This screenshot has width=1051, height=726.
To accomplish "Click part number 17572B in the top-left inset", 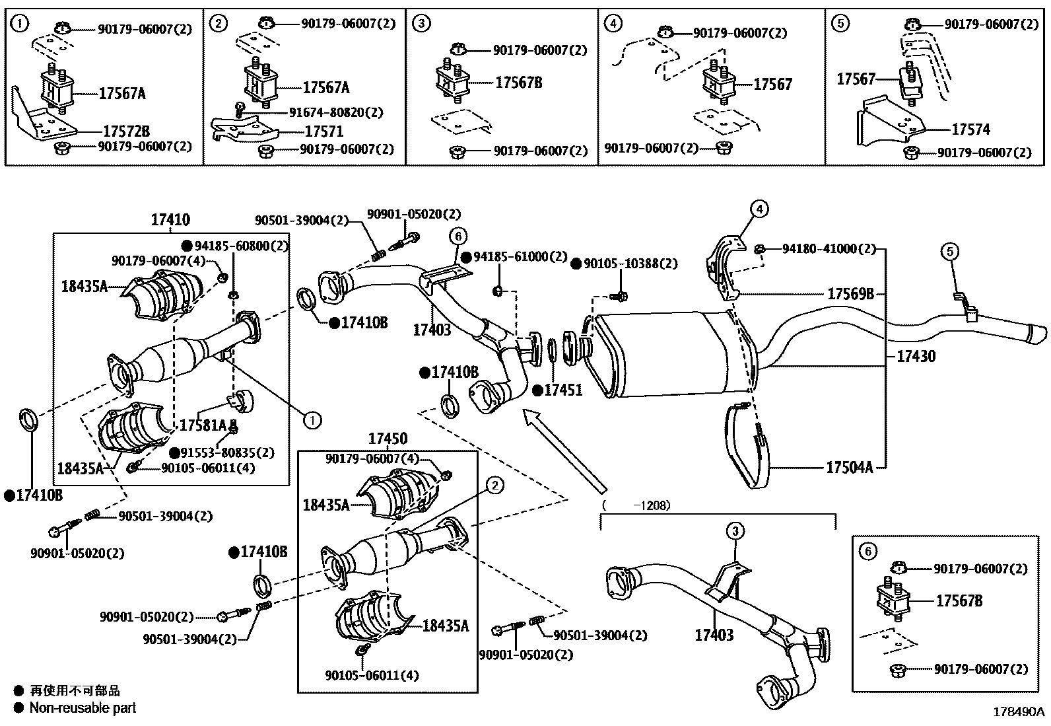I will [x=126, y=131].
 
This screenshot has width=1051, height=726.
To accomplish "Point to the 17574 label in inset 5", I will [x=970, y=129].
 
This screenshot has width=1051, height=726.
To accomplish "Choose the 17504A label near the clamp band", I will [x=850, y=468].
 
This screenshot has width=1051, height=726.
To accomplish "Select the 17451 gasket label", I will [x=563, y=390].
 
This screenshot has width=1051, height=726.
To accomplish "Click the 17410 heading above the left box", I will [x=170, y=221].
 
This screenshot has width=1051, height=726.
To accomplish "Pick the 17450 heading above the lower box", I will [x=388, y=439].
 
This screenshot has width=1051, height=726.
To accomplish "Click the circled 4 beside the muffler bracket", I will [x=759, y=209].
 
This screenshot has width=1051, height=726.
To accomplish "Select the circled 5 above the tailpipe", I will [x=949, y=251].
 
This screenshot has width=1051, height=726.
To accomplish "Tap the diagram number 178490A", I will [x=1020, y=711].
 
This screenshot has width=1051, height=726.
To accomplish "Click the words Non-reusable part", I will [x=83, y=708].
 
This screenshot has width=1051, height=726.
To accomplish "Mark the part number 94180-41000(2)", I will [x=829, y=249].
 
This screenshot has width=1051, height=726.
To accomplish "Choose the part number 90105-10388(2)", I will [x=630, y=264].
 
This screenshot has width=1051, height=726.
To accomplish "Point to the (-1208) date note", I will [x=636, y=505].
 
